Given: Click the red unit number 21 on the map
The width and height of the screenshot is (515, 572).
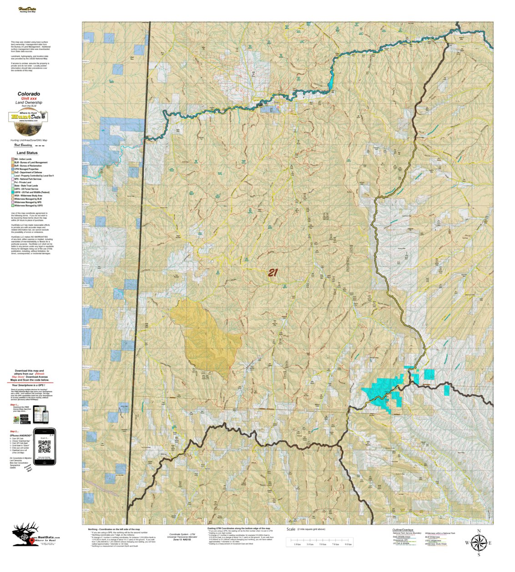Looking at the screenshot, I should click(273, 273).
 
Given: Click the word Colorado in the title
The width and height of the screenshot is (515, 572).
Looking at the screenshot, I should click(29, 94).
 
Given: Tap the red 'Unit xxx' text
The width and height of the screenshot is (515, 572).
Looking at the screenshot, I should click(29, 99).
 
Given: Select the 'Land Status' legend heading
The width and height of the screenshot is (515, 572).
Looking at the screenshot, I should click(27, 153).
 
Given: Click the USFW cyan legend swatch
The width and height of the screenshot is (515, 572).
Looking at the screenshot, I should click(12, 192).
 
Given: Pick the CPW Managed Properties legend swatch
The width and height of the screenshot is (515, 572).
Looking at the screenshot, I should click(12, 169).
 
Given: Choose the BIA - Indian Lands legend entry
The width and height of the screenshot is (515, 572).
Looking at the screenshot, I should click(23, 159).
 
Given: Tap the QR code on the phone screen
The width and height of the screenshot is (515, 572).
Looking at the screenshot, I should click(44, 447).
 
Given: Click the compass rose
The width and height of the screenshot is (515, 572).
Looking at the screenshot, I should click(478, 542).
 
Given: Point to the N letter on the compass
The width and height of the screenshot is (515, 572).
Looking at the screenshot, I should click(479, 531).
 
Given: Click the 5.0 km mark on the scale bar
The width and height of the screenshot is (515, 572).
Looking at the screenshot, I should click(323, 544).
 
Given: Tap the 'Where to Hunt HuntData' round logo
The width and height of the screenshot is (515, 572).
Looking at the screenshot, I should click(28, 117).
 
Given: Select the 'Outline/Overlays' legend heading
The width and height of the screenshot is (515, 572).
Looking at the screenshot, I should click(403, 530).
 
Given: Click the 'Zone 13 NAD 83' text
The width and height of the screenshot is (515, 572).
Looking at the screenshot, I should click(179, 539).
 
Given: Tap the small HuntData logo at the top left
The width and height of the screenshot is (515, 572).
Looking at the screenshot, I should click(28, 9).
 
